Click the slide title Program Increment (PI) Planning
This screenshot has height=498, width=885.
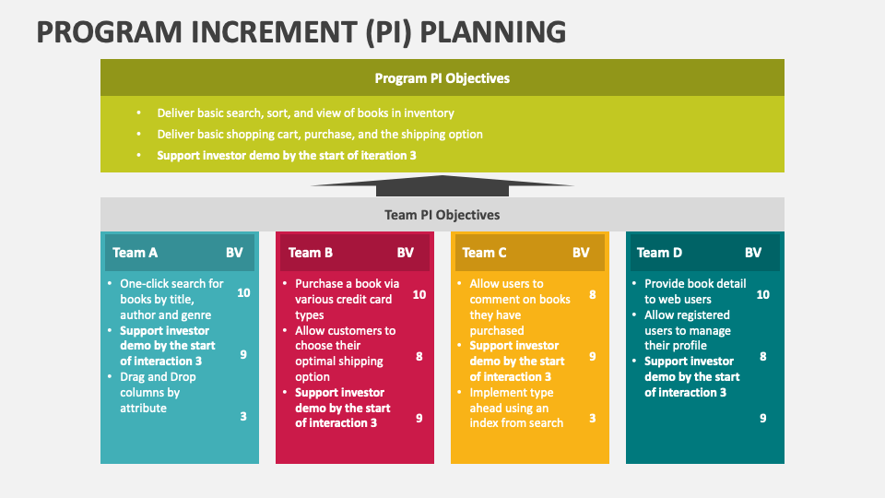click(301, 32)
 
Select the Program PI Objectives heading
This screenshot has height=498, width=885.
click(442, 78)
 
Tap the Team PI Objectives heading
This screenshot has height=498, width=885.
click(442, 215)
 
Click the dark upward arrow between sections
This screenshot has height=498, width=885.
click(442, 185)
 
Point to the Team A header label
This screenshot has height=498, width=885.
click(135, 253)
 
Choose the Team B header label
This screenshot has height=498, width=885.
click(311, 253)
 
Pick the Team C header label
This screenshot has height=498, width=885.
click(484, 253)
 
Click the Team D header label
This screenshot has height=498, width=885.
click(659, 253)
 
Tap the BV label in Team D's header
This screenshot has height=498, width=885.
click(753, 253)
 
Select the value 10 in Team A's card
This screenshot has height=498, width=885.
click(243, 293)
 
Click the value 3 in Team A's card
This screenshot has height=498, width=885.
click(243, 417)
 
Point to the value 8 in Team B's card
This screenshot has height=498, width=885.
click(419, 356)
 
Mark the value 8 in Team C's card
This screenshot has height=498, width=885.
click(593, 294)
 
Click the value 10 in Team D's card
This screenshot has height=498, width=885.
click(762, 294)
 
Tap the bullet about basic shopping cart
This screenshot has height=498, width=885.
click(320, 135)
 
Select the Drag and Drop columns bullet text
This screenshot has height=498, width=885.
click(158, 393)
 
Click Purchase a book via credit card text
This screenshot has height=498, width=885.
click(348, 299)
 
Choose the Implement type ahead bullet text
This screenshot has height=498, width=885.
click(516, 408)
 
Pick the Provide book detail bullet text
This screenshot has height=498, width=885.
click(695, 291)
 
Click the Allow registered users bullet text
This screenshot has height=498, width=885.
click(688, 330)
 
